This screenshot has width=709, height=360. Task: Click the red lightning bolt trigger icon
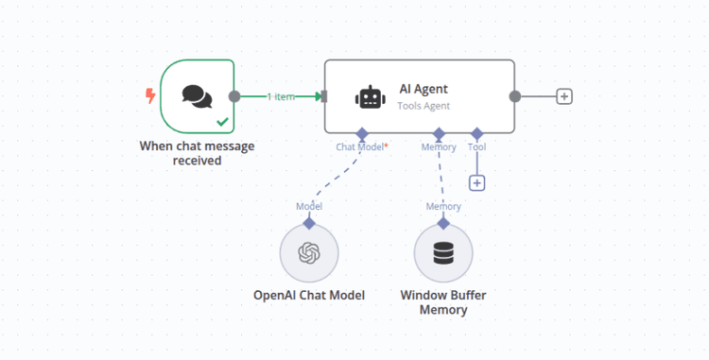pos(149,95)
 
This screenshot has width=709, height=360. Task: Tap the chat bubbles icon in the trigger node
pos(197,95)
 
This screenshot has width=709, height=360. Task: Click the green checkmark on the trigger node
pos(221,121)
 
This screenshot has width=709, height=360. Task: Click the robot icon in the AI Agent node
pos(370,96)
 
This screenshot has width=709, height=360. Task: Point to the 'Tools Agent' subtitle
pos(424,106)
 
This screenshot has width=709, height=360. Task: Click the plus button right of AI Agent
pos(564,96)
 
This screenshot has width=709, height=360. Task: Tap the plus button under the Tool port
pos(477,182)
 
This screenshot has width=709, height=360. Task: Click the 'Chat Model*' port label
pos(362,147)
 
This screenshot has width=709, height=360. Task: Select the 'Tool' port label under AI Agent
pos(476,147)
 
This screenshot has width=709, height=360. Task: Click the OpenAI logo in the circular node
pos(309,253)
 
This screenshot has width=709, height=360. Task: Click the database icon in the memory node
pos(442,253)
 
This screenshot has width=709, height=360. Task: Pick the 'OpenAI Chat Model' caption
pos(309,295)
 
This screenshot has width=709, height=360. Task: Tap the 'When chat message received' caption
pos(197,153)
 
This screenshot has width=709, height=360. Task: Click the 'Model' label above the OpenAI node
pos(309,206)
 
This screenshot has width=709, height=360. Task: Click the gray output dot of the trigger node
pos(234,96)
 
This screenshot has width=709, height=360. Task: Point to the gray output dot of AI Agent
pos(515,96)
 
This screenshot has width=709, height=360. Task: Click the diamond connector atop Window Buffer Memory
pos(442,223)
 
